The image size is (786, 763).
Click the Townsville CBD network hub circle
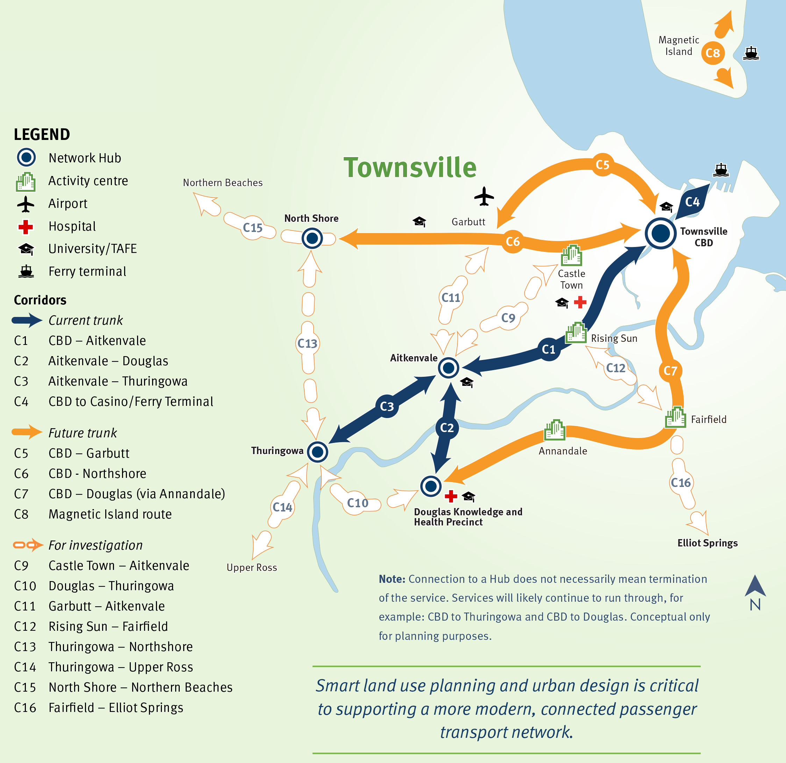pos(660,233)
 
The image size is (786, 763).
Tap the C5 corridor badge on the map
pos(602,164)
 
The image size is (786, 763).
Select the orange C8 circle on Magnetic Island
pos(713,52)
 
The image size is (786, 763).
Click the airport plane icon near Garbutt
pos(484,197)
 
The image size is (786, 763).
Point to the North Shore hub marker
pos(312,238)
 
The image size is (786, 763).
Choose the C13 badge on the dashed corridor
pos(307,344)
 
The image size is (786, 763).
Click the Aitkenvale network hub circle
pos(448,367)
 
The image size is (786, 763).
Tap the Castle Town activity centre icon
pos(571,255)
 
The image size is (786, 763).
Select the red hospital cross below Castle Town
pos(580,302)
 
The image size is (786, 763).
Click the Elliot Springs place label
pos(707,543)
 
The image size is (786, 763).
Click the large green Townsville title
pos(410,167)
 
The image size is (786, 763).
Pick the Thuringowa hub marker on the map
pos(317,452)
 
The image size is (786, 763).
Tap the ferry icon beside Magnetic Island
pos(751,53)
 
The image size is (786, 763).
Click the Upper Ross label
pos(252,567)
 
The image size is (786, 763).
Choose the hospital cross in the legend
pos(26,227)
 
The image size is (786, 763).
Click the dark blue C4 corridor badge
pos(692,202)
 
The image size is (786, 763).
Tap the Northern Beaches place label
pos(223,183)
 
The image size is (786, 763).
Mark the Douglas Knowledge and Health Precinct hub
pos(431,486)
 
